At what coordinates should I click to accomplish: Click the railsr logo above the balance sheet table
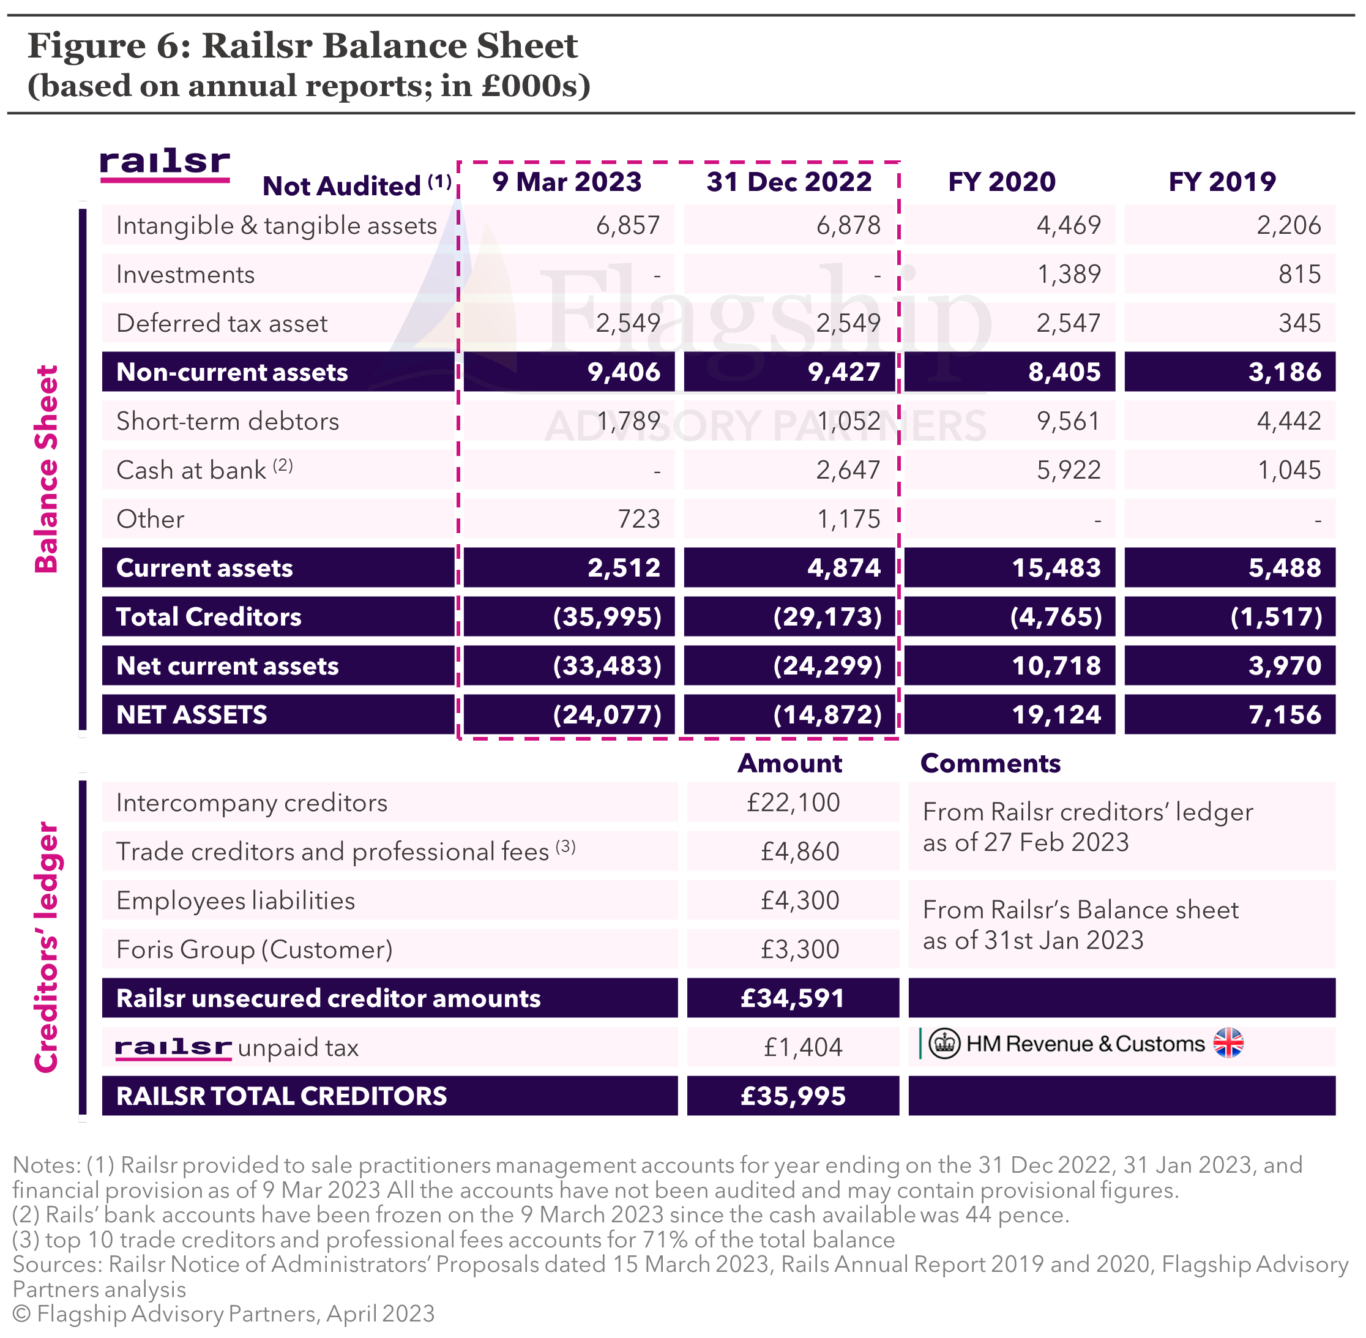click(x=165, y=166)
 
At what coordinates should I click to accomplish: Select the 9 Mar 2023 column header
click(x=567, y=182)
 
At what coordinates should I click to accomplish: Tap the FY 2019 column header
click(x=1222, y=182)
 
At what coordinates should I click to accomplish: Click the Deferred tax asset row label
click(x=222, y=323)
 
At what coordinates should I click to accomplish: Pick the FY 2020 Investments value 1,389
click(x=1069, y=274)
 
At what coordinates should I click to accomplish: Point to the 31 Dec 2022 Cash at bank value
click(x=848, y=470)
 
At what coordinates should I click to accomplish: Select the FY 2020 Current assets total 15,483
click(x=1056, y=568)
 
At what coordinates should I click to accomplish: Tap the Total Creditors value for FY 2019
click(x=1276, y=617)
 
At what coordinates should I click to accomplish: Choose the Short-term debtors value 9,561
click(x=1069, y=421)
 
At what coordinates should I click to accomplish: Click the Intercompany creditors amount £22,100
click(x=793, y=802)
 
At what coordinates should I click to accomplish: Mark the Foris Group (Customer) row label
click(x=255, y=949)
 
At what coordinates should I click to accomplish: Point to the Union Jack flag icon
click(x=1228, y=1043)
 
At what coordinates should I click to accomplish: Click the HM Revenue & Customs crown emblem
click(x=944, y=1044)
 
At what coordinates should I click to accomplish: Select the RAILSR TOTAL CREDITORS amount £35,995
click(x=793, y=1096)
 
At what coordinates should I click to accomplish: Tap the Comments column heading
click(x=990, y=763)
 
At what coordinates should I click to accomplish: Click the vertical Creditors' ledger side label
click(x=47, y=948)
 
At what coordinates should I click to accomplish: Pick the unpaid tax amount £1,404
click(x=803, y=1048)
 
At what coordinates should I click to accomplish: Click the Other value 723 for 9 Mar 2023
click(x=639, y=519)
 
